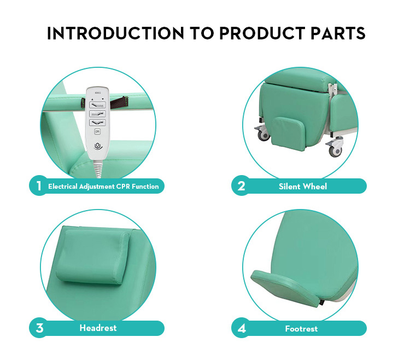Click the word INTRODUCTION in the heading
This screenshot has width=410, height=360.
[x=115, y=33]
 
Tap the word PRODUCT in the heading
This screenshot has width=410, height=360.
[x=262, y=33]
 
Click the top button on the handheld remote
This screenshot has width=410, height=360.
[x=97, y=105]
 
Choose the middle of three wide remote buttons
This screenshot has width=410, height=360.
[x=97, y=114]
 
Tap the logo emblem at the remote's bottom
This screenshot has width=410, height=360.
[x=98, y=146]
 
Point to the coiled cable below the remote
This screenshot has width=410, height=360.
[x=97, y=169]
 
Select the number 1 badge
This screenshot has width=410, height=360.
[x=39, y=186]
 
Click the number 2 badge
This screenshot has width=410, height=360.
[x=241, y=186]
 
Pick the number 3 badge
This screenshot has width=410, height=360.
[x=39, y=328]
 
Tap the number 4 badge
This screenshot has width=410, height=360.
[x=241, y=328]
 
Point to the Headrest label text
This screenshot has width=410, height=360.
[x=98, y=328]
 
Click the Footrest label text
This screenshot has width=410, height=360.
[x=301, y=329]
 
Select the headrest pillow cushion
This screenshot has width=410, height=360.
[x=93, y=256]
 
